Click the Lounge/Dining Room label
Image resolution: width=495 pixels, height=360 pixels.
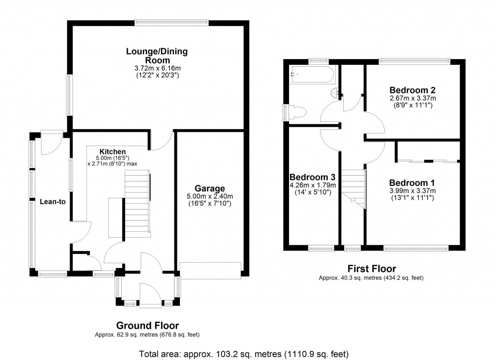pyautogui.click(x=157, y=56)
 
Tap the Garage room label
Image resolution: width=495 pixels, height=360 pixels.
pyautogui.click(x=210, y=188)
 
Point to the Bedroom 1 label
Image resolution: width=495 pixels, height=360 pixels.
pyautogui.click(x=412, y=183)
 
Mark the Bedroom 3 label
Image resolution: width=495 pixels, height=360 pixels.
pyautogui.click(x=312, y=177)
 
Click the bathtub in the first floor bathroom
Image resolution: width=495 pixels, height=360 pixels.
pyautogui.click(x=312, y=75)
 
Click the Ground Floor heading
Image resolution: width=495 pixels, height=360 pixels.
pyautogui.click(x=147, y=326)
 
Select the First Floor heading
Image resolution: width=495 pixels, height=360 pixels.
pyautogui.click(x=372, y=269)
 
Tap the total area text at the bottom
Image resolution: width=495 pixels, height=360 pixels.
pyautogui.click(x=244, y=353)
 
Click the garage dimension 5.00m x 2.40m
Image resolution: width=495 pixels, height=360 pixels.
pyautogui.click(x=210, y=196)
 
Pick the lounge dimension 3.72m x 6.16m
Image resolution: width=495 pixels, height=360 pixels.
pyautogui.click(x=157, y=68)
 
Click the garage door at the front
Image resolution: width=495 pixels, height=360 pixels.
pyautogui.click(x=210, y=270)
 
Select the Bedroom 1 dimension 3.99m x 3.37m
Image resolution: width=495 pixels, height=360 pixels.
pyautogui.click(x=412, y=191)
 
